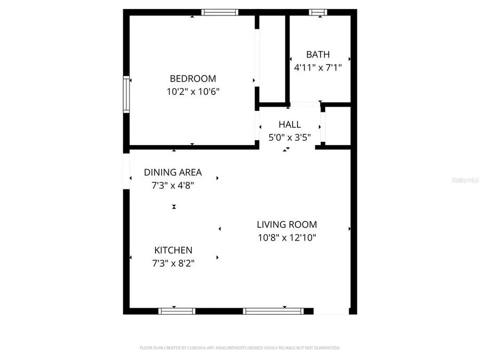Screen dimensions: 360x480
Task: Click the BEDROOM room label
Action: coord(193,78)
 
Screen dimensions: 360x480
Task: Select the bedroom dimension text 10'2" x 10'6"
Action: coord(193,91)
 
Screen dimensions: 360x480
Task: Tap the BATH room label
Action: coord(318,54)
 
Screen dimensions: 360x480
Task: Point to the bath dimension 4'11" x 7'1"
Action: coord(318,68)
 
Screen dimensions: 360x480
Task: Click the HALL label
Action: coord(290,124)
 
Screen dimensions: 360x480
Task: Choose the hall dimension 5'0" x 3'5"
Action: coord(290,137)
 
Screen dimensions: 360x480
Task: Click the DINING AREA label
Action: coord(173,172)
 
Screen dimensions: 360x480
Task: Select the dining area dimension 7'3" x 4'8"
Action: coord(173,185)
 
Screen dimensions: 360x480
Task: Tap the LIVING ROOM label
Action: coord(287,225)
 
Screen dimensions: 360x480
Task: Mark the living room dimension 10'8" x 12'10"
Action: coord(287,238)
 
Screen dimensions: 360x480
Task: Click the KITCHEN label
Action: coord(173,250)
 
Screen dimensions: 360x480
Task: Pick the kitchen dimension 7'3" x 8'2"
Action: coord(173,263)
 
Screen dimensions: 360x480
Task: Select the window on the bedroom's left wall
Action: coord(126,95)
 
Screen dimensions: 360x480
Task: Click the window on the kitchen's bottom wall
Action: coord(177,311)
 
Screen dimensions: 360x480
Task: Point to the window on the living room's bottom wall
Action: coord(273,311)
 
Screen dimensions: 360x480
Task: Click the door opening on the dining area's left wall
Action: coord(126,171)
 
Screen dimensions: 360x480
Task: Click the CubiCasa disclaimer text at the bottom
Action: coord(239,348)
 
